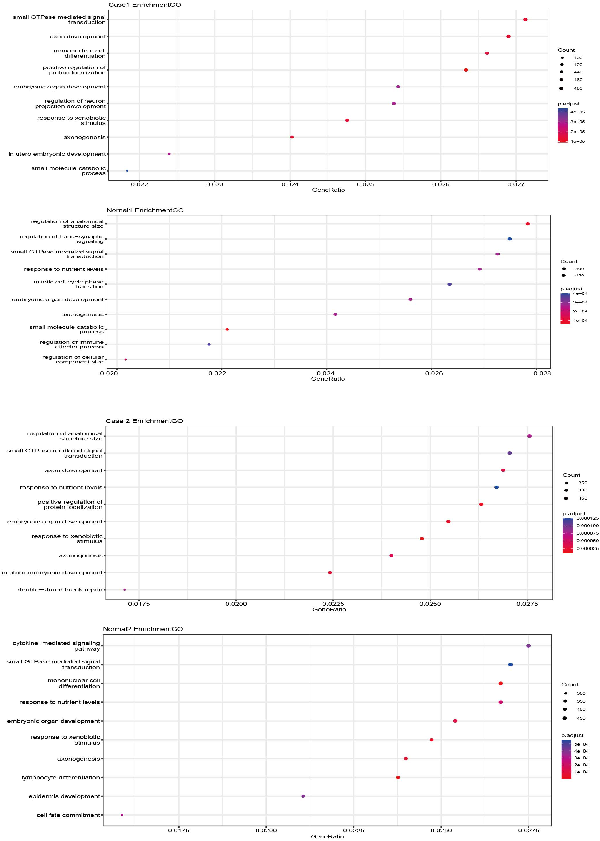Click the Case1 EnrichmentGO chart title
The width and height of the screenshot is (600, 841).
(x=145, y=5)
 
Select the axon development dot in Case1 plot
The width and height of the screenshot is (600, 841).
(x=508, y=37)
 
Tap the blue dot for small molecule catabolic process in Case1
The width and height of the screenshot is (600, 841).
(x=127, y=171)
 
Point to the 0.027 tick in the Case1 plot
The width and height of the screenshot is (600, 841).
(x=516, y=184)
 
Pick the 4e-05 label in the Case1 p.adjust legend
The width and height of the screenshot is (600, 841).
(x=577, y=112)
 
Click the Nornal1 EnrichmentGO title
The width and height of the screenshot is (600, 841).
(x=145, y=210)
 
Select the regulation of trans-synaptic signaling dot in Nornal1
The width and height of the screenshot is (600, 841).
(x=510, y=239)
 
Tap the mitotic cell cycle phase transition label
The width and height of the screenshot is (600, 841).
(x=69, y=284)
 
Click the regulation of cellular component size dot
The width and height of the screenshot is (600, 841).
(x=126, y=359)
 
